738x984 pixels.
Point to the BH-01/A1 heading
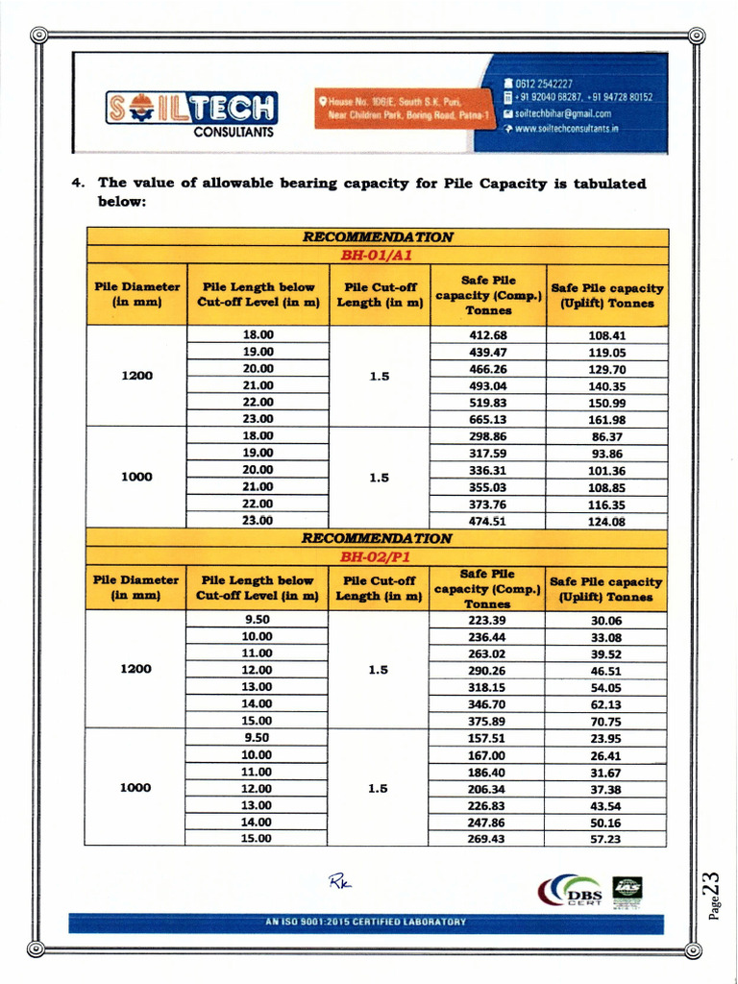tap(378, 255)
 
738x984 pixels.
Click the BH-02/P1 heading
tap(378, 555)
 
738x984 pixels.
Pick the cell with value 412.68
tap(487, 335)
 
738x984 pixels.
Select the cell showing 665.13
tap(487, 419)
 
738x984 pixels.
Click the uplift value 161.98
tap(606, 420)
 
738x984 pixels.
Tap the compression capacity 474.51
tap(487, 521)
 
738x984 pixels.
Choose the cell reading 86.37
tap(606, 436)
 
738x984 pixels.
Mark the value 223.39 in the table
tap(487, 620)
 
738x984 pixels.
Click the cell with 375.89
tap(487, 722)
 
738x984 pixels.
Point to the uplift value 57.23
tap(606, 839)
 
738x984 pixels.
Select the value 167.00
tap(487, 755)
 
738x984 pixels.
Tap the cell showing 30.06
tap(606, 621)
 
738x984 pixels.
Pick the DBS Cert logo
tap(576, 894)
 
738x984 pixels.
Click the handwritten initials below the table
tap(340, 878)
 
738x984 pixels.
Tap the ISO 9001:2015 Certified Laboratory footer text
tap(365, 922)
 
